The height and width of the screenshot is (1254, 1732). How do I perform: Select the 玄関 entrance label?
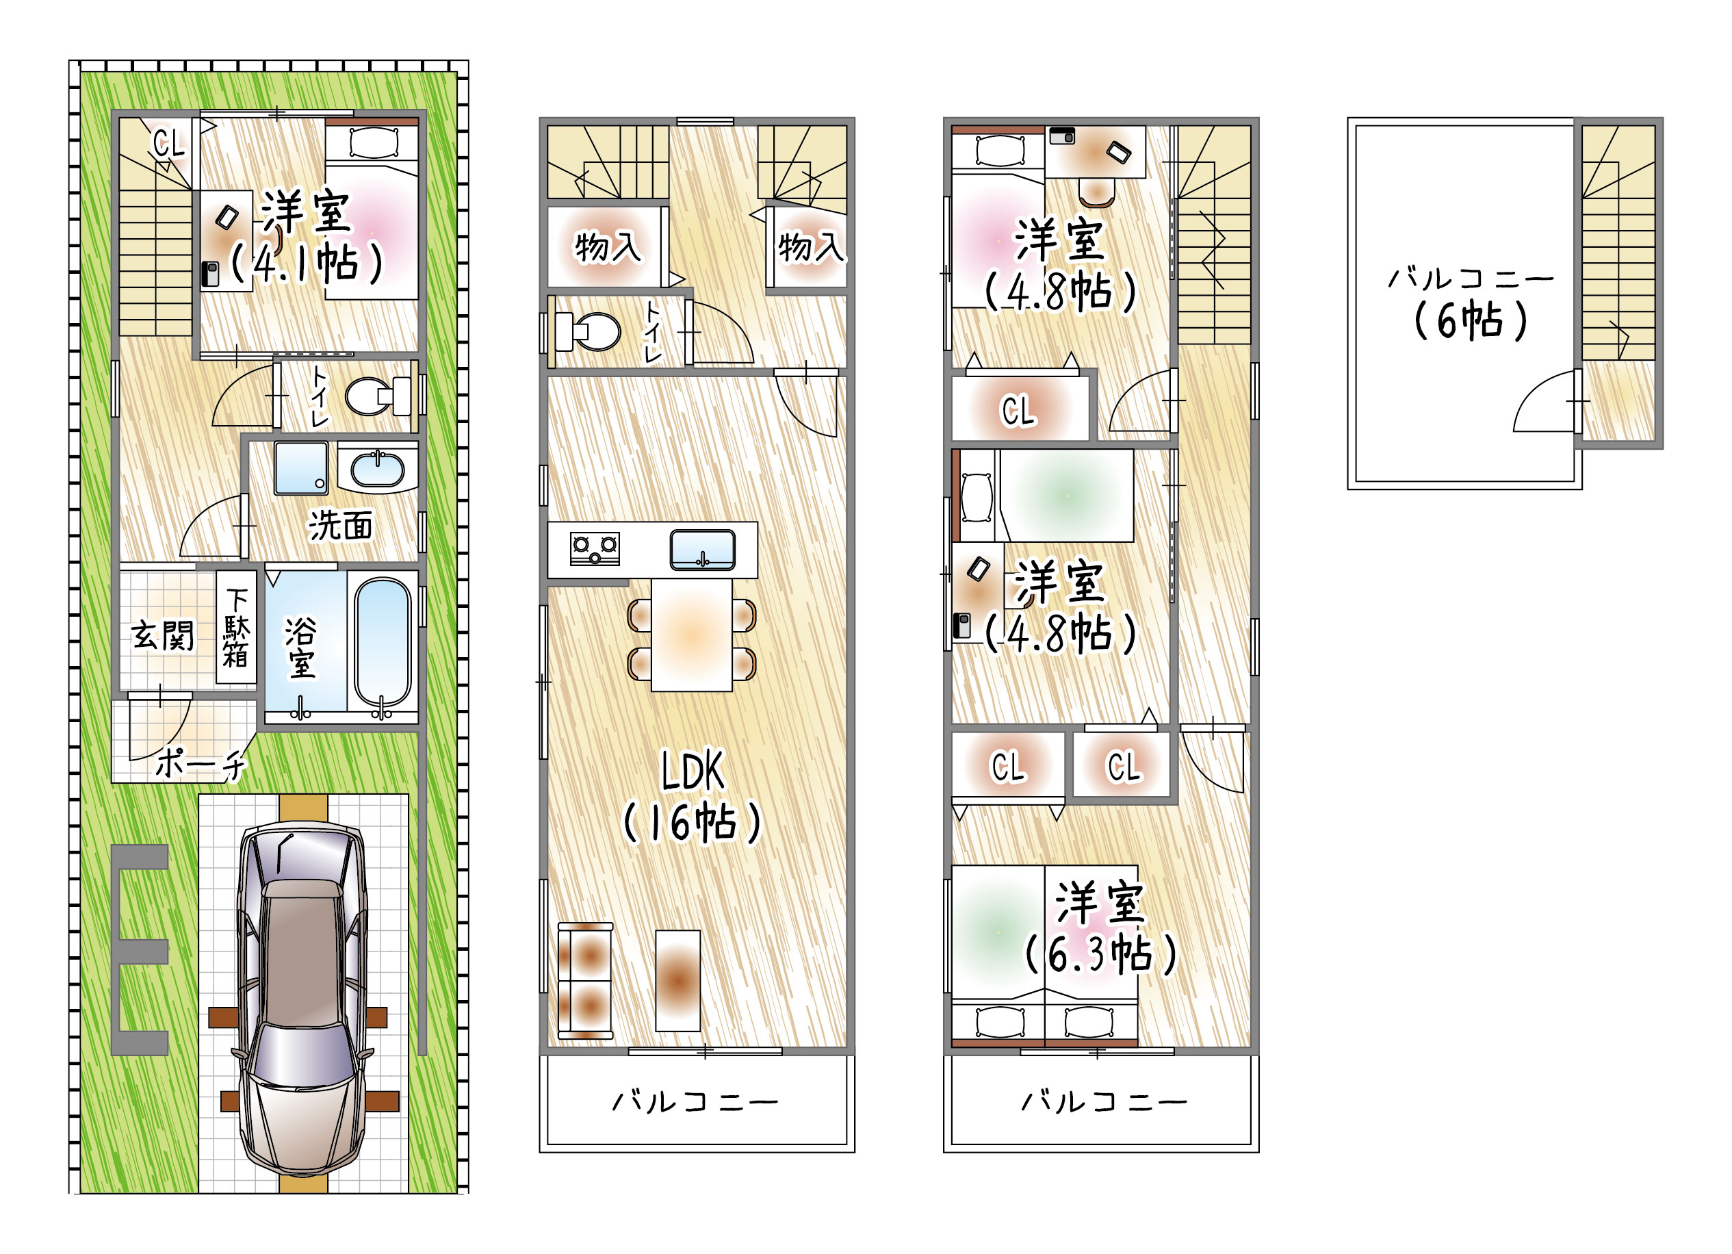163,635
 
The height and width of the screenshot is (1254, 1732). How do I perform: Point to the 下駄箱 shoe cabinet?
236,628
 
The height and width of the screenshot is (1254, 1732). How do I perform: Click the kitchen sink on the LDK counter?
703,550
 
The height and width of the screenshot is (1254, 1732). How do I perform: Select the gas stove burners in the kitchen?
595,548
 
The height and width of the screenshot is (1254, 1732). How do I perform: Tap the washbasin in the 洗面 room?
377,469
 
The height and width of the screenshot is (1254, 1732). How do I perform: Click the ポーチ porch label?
201,763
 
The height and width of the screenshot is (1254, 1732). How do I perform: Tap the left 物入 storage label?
608,246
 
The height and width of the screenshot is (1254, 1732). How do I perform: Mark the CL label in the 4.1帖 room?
169,143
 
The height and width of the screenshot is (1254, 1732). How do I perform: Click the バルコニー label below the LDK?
696,1101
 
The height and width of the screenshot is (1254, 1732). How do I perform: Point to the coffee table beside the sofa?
677,981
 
